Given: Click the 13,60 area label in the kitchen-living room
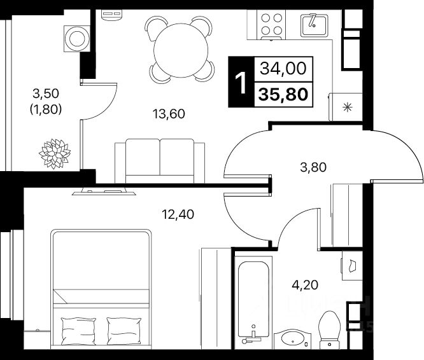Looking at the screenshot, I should (x=169, y=114).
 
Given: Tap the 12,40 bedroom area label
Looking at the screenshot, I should (x=177, y=214).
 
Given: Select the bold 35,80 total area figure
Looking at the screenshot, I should (x=283, y=94).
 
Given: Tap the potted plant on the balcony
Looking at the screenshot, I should (x=55, y=153).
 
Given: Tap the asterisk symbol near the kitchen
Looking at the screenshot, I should (x=347, y=106).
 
